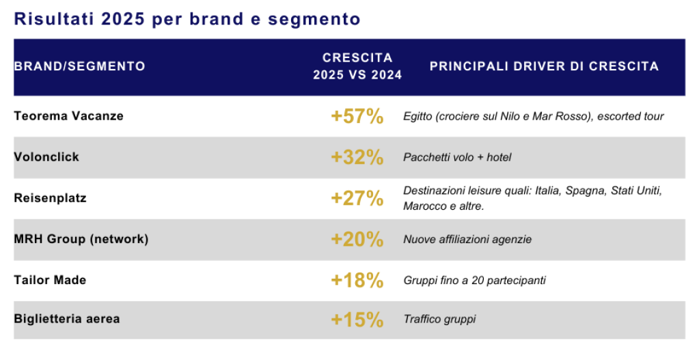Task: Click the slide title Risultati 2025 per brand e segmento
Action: pyautogui.click(x=187, y=19)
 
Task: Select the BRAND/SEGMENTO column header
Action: pyautogui.click(x=79, y=66)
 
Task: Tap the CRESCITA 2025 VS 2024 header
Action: pyautogui.click(x=357, y=66)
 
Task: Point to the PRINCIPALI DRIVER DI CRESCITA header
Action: pyautogui.click(x=544, y=66)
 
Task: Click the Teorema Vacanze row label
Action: pyautogui.click(x=68, y=115)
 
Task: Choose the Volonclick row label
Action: pyautogui.click(x=46, y=156)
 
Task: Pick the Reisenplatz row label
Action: pyautogui.click(x=50, y=198)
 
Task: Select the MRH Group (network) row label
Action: pyautogui.click(x=81, y=239)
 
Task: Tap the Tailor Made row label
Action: pyautogui.click(x=50, y=280)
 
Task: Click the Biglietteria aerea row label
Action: pyautogui.click(x=66, y=318)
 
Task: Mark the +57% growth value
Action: pyautogui.click(x=357, y=117)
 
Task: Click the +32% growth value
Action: pyautogui.click(x=357, y=158)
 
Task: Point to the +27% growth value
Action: pyautogui.click(x=357, y=199)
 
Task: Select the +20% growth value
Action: pyautogui.click(x=357, y=240)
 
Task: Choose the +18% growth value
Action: pyautogui.click(x=357, y=281)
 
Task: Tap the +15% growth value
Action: pyautogui.click(x=357, y=319)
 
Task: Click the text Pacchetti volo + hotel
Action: pyautogui.click(x=457, y=158)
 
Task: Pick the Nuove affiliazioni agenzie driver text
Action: pyautogui.click(x=467, y=240)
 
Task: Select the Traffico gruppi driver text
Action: pyautogui.click(x=439, y=319)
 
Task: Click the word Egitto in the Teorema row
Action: pyautogui.click(x=417, y=117)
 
